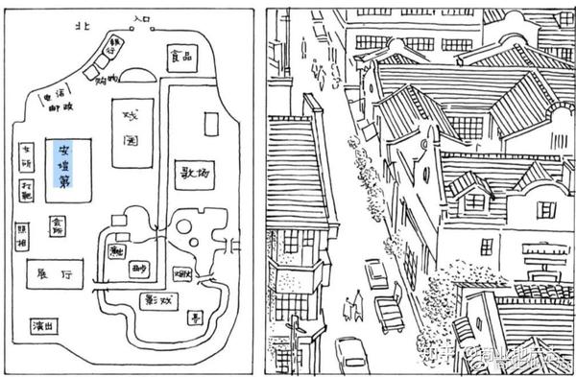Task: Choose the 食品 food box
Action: (x=181, y=55)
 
